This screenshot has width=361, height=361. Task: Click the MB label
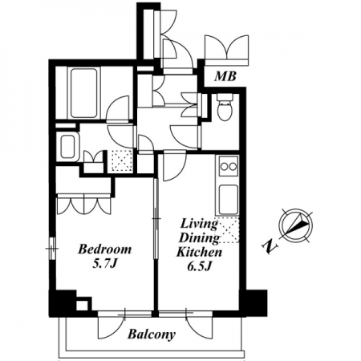click(x=225, y=76)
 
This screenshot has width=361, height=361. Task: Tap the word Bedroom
click(x=104, y=249)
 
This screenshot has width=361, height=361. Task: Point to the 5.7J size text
click(x=105, y=264)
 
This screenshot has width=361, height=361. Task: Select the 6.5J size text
click(x=200, y=266)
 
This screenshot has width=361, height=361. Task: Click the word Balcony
click(x=152, y=335)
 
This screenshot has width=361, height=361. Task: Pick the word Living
click(x=199, y=224)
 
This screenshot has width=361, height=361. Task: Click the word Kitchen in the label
click(x=200, y=252)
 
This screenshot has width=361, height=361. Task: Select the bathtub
click(x=84, y=93)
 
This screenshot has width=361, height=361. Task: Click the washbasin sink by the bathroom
click(x=68, y=146)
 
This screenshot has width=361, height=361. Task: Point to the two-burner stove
click(x=229, y=166)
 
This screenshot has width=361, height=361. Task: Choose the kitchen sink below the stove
click(x=229, y=199)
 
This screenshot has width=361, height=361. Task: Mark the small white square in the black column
click(x=82, y=306)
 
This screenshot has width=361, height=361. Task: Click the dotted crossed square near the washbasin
click(x=122, y=161)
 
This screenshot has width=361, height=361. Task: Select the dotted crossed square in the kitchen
click(x=227, y=230)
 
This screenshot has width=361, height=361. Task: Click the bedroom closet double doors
click(x=84, y=205)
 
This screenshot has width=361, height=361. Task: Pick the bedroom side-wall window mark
click(x=52, y=249)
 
